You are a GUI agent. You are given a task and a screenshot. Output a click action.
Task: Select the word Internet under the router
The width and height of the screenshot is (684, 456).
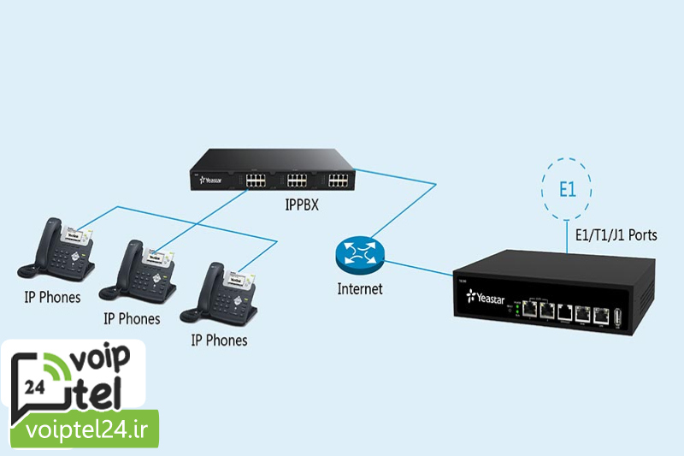(x=360, y=289)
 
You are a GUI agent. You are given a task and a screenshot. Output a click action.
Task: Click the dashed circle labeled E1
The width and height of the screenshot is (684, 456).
(x=567, y=189)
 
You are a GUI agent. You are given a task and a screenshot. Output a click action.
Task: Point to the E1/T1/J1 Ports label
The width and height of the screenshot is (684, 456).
(x=615, y=234)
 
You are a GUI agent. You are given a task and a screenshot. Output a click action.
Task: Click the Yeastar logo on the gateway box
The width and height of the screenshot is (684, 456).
(x=486, y=299)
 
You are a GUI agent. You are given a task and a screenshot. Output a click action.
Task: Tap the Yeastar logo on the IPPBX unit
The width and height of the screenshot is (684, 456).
(x=210, y=181)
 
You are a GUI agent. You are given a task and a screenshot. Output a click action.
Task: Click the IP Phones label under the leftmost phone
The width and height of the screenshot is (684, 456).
(x=52, y=298)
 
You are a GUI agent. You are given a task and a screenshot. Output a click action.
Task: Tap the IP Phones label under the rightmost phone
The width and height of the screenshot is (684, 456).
(x=219, y=340)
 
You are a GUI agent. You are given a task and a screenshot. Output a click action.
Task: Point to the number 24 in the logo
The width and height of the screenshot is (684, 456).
(x=35, y=387)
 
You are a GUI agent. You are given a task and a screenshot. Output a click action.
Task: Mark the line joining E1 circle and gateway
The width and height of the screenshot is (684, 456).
(x=567, y=235)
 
